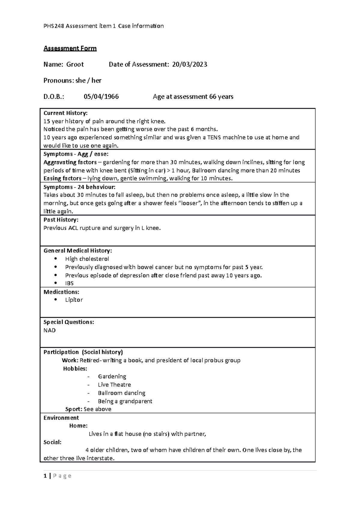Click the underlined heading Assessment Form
coord(70,49)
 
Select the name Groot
coord(75,64)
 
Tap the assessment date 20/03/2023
coord(189,64)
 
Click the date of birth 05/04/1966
coord(101,97)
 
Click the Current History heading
coord(65,113)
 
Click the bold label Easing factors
coord(62,179)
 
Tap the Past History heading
coord(61,220)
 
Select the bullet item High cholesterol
coord(87,259)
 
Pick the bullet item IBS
coord(69,283)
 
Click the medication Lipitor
coord(74,300)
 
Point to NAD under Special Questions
coord(49,330)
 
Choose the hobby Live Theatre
coord(114,385)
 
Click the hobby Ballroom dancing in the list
coord(121,393)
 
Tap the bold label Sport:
coord(73,409)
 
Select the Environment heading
coord(61,418)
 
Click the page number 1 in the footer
coord(45,476)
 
